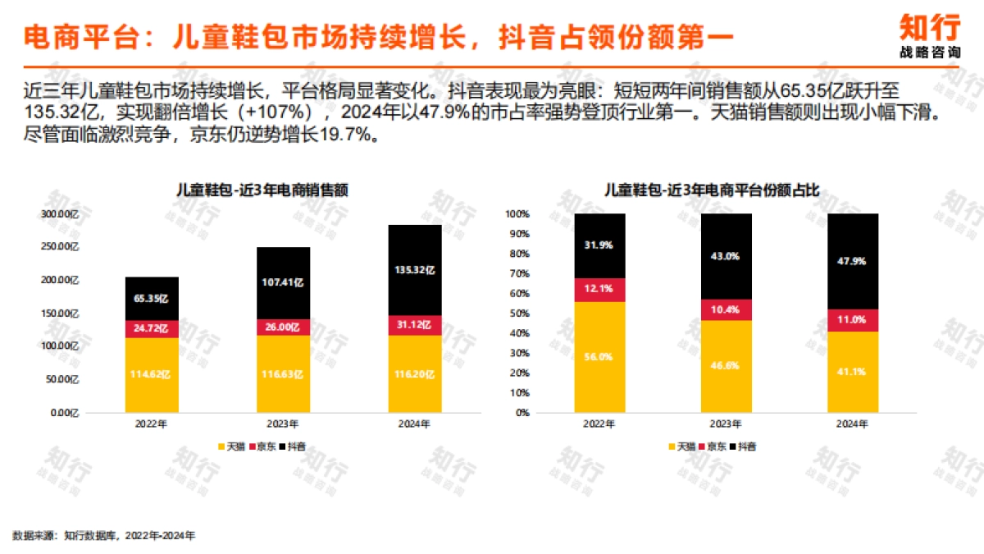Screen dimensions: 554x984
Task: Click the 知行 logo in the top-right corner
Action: (929, 35)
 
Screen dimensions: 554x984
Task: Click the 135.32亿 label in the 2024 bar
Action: (415, 269)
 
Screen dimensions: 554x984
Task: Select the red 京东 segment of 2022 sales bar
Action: (152, 328)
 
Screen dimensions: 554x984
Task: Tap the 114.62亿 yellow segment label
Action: (152, 375)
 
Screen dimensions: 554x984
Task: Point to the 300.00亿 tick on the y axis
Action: (59, 214)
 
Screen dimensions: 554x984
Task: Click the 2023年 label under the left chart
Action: (283, 424)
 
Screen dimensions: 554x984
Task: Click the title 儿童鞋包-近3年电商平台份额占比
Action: (712, 190)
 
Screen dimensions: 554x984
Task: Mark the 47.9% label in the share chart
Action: (853, 261)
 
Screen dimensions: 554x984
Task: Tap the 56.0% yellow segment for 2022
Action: (599, 357)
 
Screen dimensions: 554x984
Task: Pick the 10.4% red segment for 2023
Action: (727, 309)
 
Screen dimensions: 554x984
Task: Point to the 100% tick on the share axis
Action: (519, 214)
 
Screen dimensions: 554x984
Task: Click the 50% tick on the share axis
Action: (521, 314)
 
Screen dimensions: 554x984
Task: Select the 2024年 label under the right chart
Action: (853, 424)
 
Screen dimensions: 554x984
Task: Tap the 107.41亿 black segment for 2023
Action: (283, 283)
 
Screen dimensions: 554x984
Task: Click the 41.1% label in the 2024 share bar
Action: (853, 371)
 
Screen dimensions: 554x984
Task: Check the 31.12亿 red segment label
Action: (415, 326)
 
